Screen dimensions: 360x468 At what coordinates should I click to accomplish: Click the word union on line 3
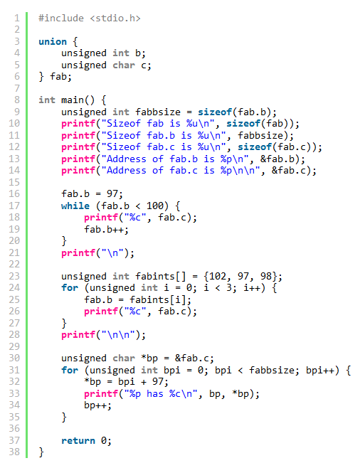pos(53,41)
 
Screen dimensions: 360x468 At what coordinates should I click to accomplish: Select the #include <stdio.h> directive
pos(90,18)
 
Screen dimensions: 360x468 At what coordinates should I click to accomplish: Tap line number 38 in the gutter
pos(14,452)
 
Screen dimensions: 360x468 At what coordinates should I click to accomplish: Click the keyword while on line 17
pos(75,206)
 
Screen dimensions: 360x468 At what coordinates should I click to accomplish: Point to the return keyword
pos(78,440)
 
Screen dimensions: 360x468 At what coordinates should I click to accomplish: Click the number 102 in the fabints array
pos(218,276)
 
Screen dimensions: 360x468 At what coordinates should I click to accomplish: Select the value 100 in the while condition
pos(155,206)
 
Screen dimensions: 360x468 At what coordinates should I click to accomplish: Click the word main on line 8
pos(73,100)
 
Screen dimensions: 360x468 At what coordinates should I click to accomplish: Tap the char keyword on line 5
pos(124,65)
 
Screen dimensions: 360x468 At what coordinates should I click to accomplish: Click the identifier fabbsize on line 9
pos(158,112)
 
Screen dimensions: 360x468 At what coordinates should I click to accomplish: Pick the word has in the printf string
pos(155,394)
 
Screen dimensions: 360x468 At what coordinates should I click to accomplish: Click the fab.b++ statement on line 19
pos(106,230)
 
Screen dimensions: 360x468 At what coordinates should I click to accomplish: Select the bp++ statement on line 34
pos(97,405)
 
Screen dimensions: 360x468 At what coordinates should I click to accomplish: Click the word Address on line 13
pos(126,159)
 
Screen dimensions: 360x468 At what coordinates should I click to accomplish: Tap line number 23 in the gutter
pos(14,276)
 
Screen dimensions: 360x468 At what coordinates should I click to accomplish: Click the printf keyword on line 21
pos(78,252)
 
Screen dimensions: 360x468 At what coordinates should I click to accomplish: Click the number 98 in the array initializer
pos(266,276)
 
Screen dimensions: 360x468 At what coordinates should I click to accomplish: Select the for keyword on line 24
pos(70,288)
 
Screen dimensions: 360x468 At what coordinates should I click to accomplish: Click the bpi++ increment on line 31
pos(320,370)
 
